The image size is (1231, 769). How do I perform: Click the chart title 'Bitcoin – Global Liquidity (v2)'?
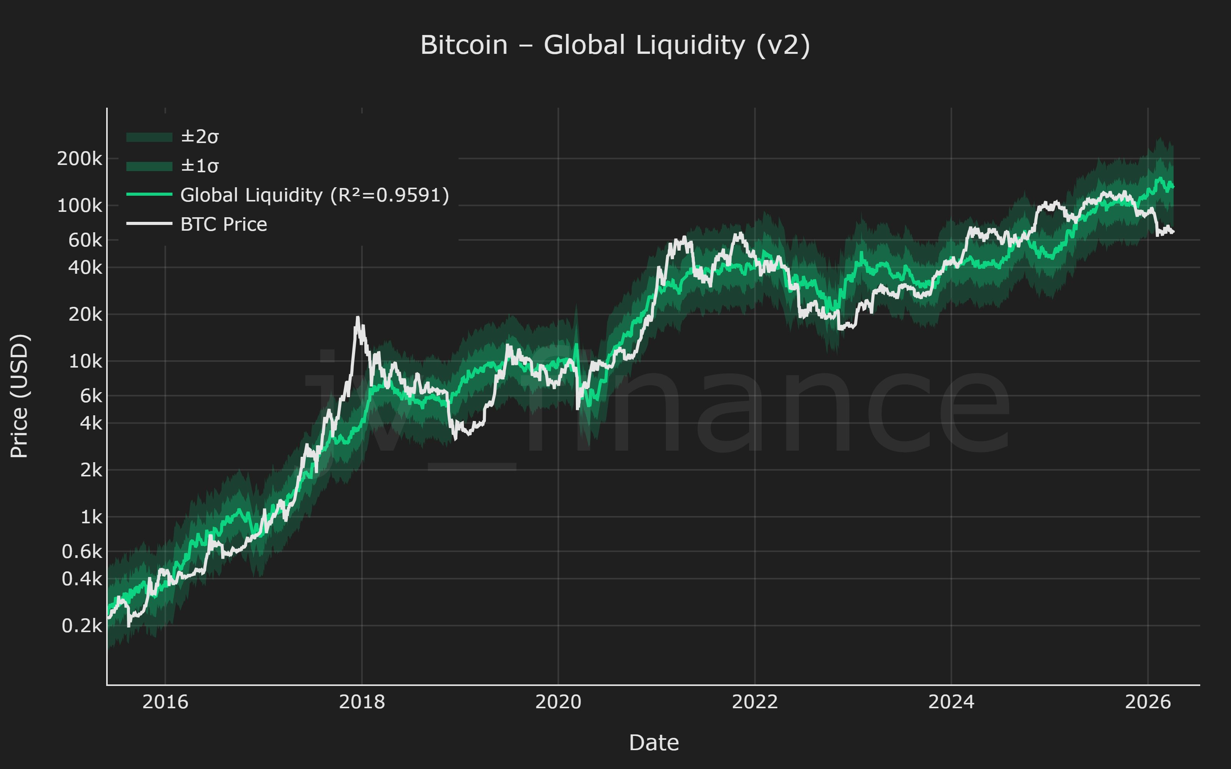pyautogui.click(x=615, y=45)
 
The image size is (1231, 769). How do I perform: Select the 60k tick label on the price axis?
pyautogui.click(x=85, y=240)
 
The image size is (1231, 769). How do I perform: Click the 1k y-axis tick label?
pyautogui.click(x=91, y=517)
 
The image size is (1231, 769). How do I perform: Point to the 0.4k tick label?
pyautogui.click(x=82, y=579)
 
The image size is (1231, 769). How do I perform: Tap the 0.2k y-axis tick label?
pyautogui.click(x=82, y=626)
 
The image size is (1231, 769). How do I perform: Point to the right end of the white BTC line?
pyautogui.click(x=1173, y=232)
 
